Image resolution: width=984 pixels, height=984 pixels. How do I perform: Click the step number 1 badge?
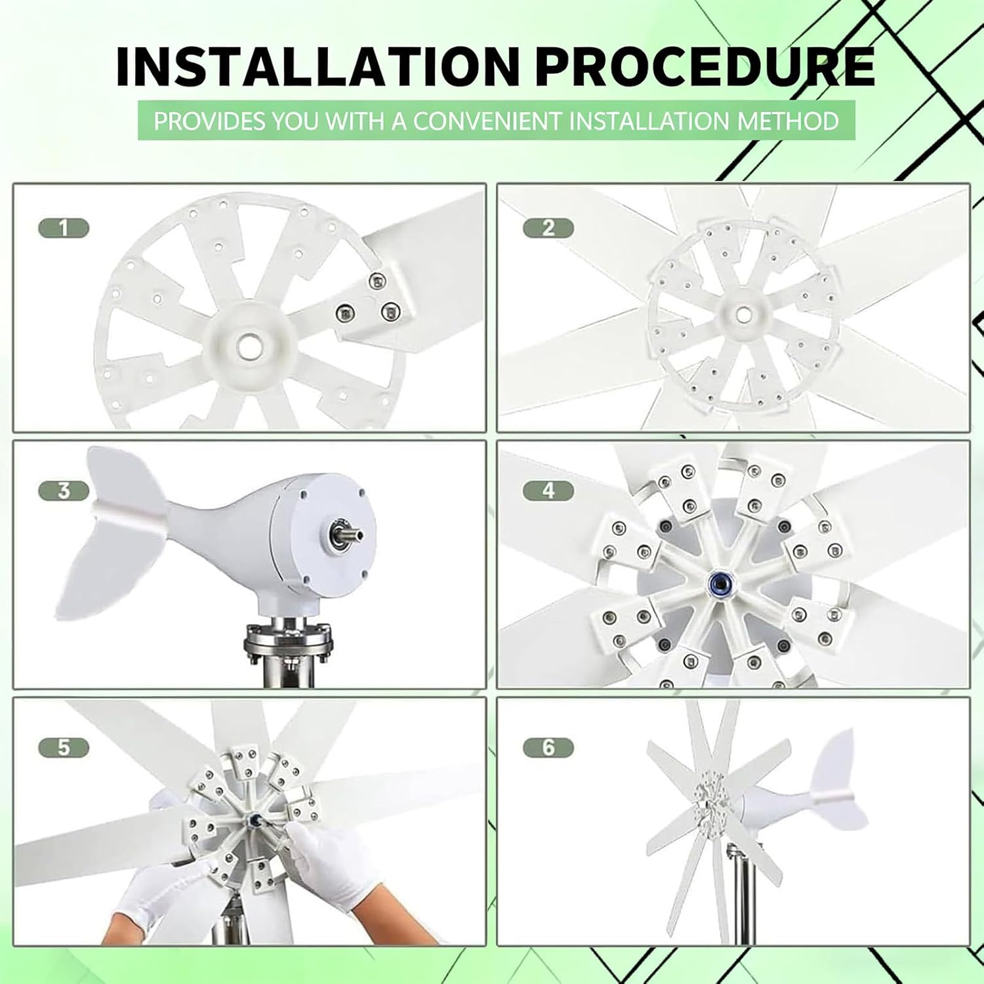pos(63,228)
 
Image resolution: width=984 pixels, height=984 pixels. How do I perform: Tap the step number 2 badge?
pos(548,228)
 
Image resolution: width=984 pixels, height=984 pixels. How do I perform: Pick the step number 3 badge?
pos(63,491)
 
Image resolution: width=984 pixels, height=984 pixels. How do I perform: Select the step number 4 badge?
pos(548,491)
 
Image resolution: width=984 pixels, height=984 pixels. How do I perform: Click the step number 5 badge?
pos(63,747)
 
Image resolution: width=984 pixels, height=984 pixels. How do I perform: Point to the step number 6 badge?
pos(548,747)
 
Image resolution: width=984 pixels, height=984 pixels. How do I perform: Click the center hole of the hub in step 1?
pos(250,345)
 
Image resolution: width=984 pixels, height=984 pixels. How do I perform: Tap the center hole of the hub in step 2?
pos(743,314)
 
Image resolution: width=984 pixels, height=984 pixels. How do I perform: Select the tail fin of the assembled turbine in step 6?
pos(836,787)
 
